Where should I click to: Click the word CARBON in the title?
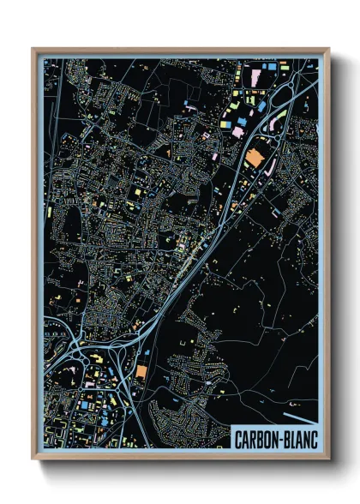tap(260, 440)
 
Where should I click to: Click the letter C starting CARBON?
tap(240, 440)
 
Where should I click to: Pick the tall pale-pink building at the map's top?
tap(254, 78)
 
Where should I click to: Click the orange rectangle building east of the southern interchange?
tap(141, 372)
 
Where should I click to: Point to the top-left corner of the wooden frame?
tap(33, 49)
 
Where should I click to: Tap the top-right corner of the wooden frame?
tap(329, 49)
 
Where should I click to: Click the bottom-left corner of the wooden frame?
tap(33, 459)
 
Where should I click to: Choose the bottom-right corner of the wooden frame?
tap(329, 459)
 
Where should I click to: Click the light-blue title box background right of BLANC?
tap(319, 440)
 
